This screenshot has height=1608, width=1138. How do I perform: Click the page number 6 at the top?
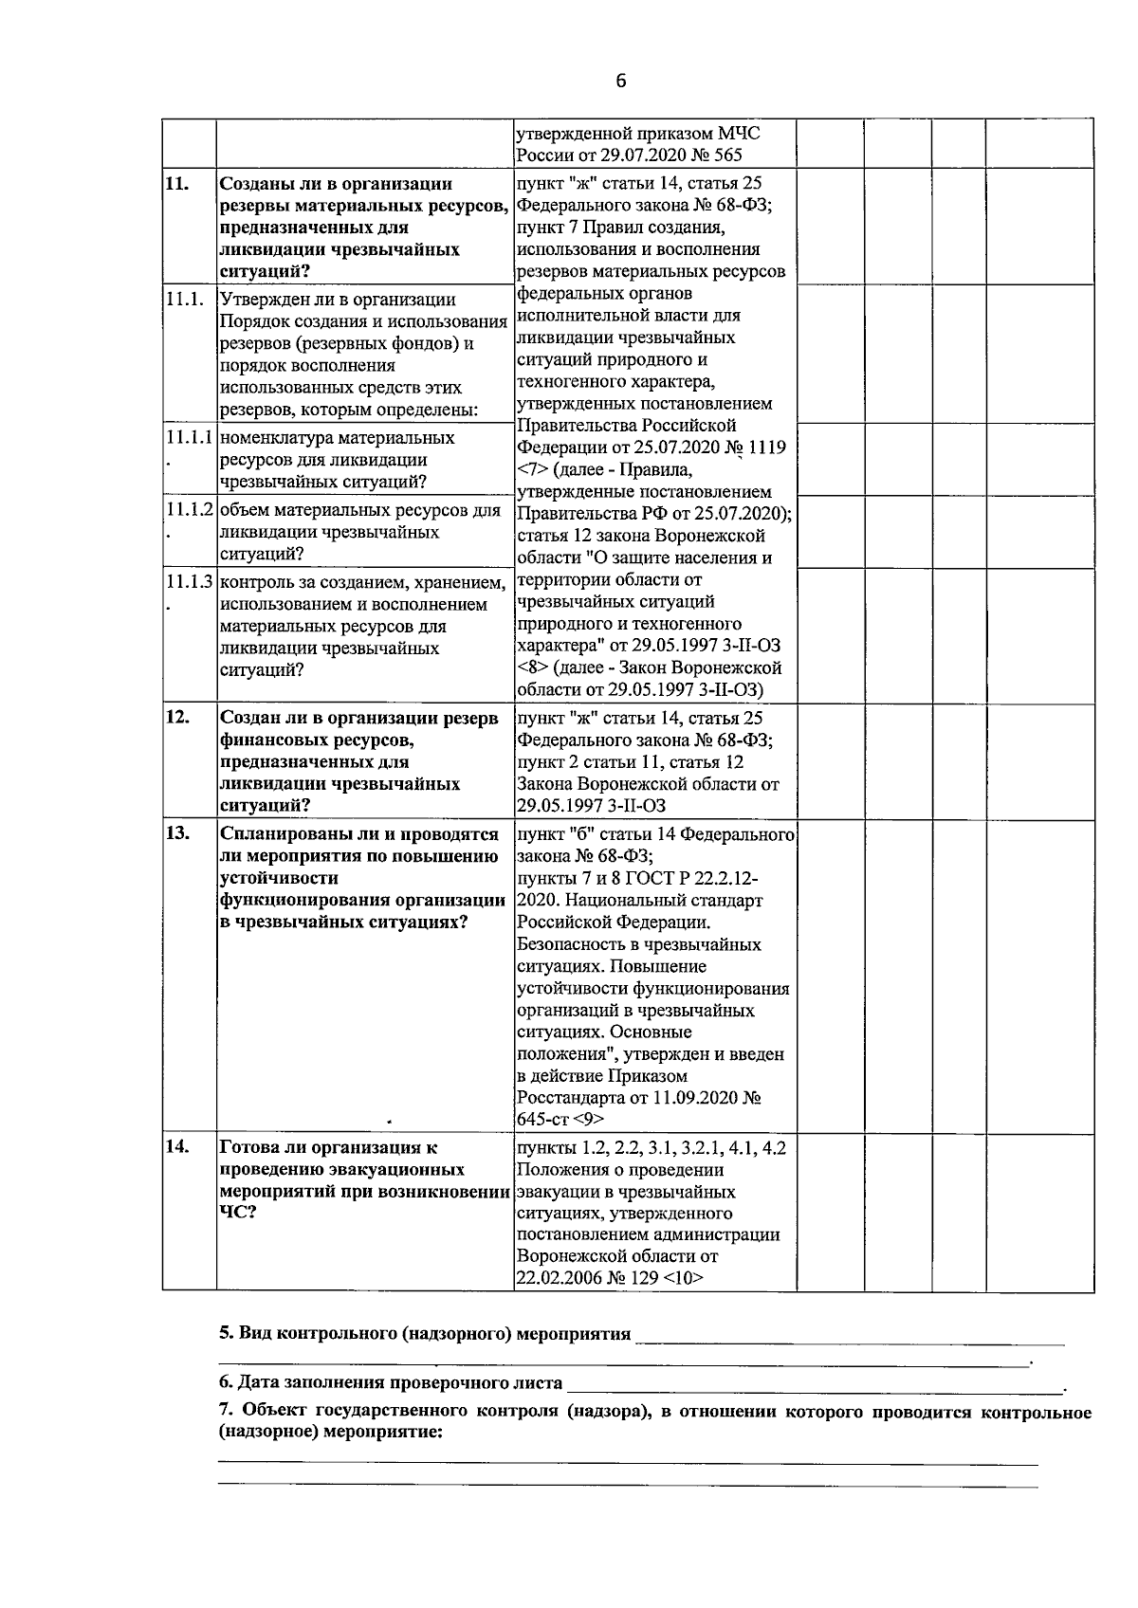(x=621, y=82)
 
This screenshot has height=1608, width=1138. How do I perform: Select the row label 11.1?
(x=184, y=300)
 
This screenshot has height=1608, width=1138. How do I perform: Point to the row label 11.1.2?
(x=190, y=510)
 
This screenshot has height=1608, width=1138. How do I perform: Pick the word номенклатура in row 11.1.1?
(x=276, y=438)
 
